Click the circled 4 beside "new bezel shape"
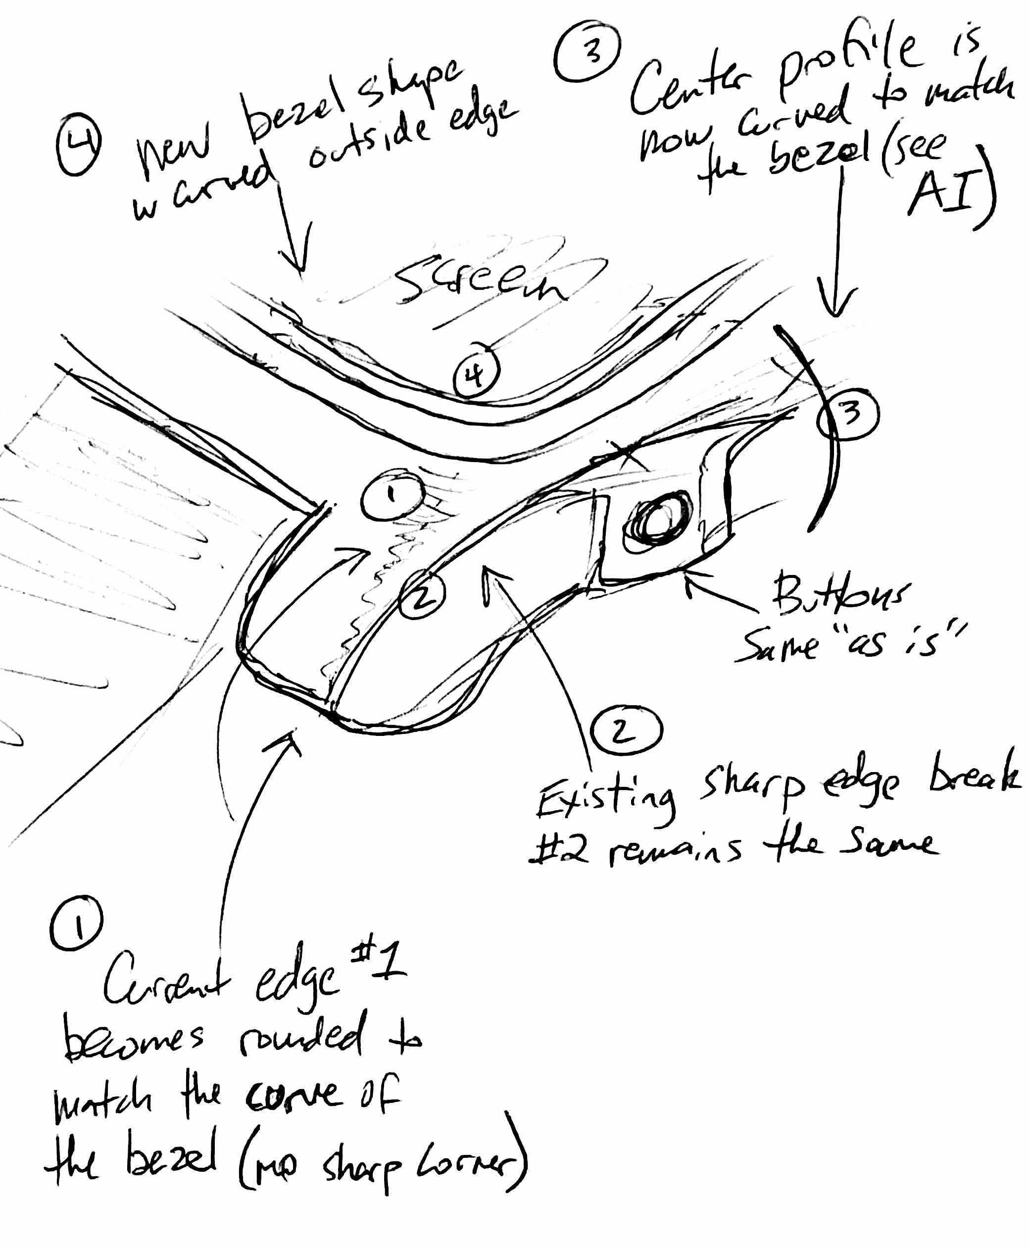pos(78,143)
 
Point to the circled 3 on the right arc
pos(848,414)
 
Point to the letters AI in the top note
pos(943,191)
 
